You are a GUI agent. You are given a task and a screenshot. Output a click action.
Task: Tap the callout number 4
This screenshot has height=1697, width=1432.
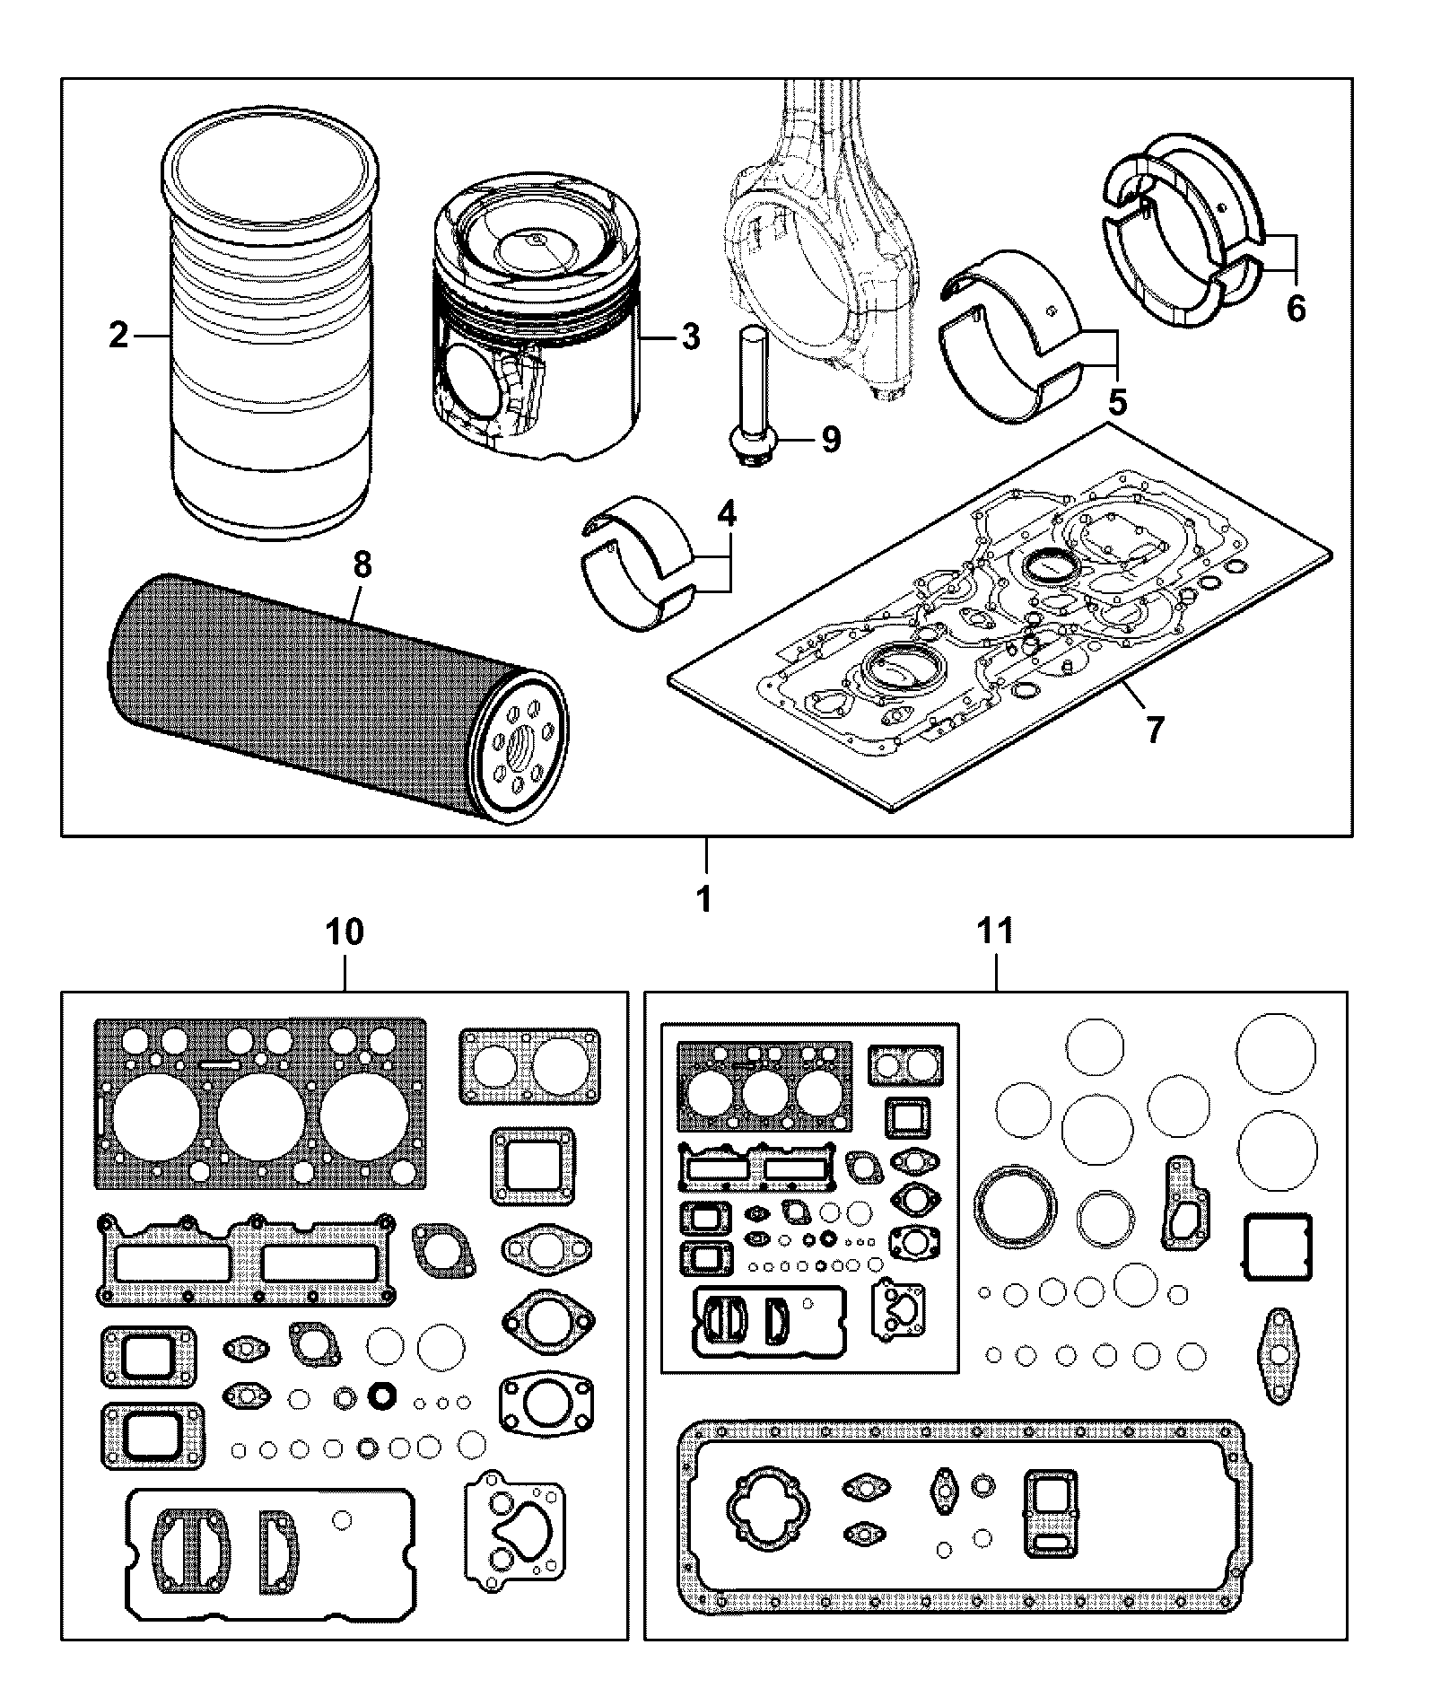[x=726, y=513]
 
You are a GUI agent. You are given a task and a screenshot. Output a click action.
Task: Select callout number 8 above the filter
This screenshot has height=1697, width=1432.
[x=362, y=565]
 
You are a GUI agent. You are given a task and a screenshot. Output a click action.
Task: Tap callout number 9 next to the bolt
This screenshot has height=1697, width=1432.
[x=830, y=440]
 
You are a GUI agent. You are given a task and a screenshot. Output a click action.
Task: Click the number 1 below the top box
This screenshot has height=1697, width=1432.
[x=705, y=898]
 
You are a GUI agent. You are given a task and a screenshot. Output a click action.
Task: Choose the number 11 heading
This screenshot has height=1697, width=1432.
[x=996, y=931]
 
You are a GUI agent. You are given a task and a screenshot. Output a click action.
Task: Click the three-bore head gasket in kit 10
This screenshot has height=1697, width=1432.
[x=260, y=1104]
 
